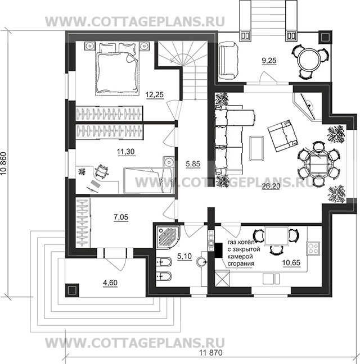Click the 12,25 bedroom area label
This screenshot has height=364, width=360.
[x=155, y=95]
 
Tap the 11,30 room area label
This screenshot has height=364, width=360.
[x=126, y=152]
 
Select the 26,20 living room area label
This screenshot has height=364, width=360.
[x=271, y=186]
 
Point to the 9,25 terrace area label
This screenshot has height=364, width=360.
[x=269, y=61]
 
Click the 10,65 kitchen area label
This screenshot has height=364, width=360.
[x=291, y=263]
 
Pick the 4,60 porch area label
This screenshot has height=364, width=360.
[x=110, y=283]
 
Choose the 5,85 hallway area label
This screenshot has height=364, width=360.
[x=193, y=164]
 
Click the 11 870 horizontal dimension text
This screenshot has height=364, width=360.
[x=211, y=353]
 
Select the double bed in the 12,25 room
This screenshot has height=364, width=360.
[x=117, y=69]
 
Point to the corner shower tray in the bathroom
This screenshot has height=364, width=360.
[x=167, y=236]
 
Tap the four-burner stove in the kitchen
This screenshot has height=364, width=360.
[x=313, y=248]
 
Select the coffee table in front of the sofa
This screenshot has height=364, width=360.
[x=256, y=148]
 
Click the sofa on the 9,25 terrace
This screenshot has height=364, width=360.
[x=228, y=61]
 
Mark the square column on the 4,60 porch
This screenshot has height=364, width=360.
[x=72, y=290]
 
